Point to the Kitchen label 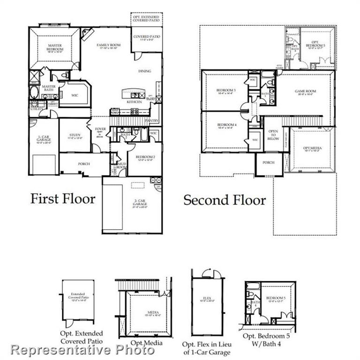[135, 101]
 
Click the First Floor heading [63, 198]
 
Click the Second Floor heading [225, 200]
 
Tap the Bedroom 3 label [225, 91]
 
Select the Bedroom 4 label [225, 126]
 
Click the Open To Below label [273, 135]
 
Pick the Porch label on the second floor [268, 163]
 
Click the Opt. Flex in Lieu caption [206, 348]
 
